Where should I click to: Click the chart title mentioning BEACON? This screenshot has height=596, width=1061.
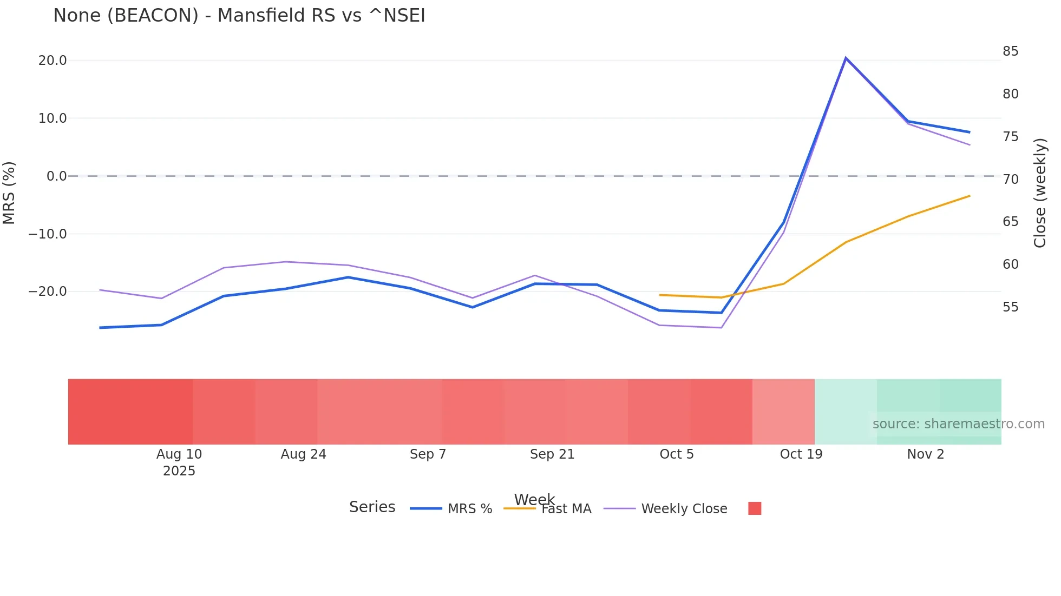(x=239, y=16)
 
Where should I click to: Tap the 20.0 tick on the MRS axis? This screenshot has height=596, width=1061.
(x=53, y=61)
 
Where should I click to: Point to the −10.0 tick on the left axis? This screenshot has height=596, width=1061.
(x=48, y=234)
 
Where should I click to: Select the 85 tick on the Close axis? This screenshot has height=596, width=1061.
(x=1010, y=51)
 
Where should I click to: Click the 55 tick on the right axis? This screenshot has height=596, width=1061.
(x=1010, y=307)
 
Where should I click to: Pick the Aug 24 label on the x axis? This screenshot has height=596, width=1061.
(x=303, y=454)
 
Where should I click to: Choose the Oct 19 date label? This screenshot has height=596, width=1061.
(x=801, y=454)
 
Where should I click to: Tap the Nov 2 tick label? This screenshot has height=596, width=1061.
(x=925, y=454)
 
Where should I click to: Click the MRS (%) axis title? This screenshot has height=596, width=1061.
(x=9, y=193)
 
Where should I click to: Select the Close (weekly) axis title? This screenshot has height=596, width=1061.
(x=1040, y=193)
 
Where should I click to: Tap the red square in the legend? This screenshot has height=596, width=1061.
(x=755, y=508)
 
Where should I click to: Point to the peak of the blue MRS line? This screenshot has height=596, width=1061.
(x=846, y=58)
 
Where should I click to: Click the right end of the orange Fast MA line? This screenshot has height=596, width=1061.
(x=970, y=196)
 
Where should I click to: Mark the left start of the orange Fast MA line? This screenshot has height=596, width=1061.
(x=660, y=295)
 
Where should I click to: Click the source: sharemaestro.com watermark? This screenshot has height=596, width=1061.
(x=958, y=424)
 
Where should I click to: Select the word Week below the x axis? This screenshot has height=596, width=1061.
(x=534, y=499)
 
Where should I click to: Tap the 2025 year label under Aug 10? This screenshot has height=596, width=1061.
(x=179, y=471)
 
